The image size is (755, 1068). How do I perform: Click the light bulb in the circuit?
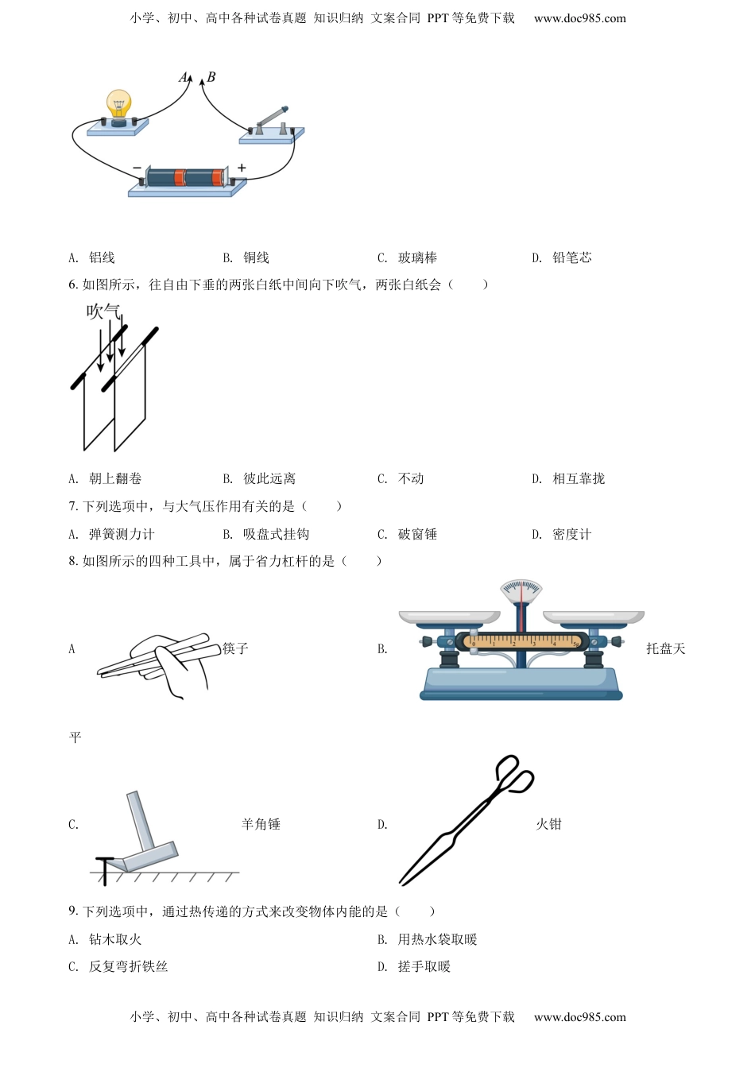[118, 106]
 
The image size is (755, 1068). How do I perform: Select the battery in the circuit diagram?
[188, 178]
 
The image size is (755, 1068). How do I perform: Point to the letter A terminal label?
[184, 77]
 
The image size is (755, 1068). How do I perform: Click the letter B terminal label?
[211, 77]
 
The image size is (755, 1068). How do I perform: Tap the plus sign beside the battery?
[242, 168]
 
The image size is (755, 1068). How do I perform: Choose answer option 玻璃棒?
[417, 257]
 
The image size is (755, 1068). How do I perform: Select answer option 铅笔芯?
[571, 257]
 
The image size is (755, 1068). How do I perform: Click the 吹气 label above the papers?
[103, 311]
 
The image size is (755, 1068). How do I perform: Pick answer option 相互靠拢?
[578, 478]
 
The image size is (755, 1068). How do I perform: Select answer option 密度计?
[571, 534]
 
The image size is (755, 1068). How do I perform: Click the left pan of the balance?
[449, 616]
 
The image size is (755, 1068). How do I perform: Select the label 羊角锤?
[261, 824]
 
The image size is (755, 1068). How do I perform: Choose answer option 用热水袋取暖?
[437, 939]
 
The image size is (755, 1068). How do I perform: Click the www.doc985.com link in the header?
[579, 18]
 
